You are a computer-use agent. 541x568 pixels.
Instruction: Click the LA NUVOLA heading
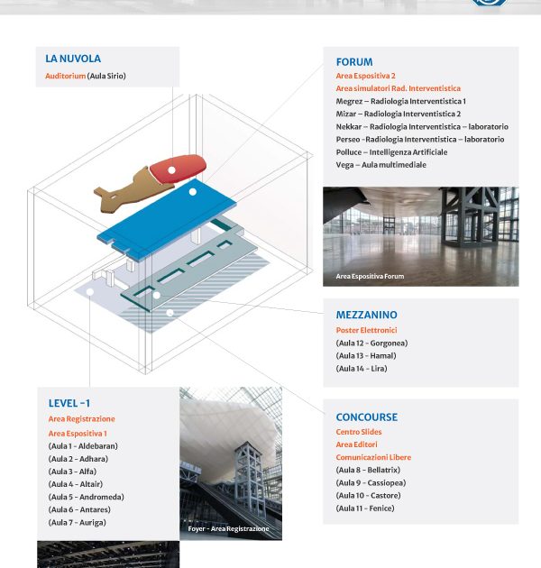coord(73,59)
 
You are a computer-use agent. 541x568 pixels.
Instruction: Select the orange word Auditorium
coord(65,76)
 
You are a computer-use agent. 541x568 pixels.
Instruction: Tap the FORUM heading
coord(354,62)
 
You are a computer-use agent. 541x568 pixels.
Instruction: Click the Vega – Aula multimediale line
coord(381,165)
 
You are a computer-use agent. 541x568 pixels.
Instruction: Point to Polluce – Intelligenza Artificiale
coord(391,152)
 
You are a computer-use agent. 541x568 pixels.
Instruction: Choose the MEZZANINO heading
coord(366,315)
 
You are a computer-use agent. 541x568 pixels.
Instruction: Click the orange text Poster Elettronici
coord(366,330)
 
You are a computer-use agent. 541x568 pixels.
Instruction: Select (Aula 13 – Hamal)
coord(366,355)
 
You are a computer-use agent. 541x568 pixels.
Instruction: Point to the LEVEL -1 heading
coord(69,403)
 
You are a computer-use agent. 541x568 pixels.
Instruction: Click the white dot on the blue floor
coord(192,192)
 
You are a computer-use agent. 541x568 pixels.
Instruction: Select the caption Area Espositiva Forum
coord(370,276)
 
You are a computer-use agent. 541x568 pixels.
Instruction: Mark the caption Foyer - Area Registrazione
coord(228,528)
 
